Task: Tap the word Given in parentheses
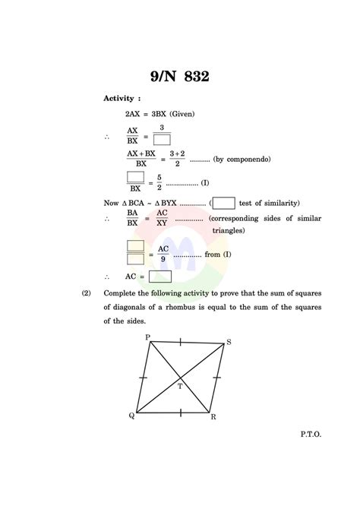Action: coord(182,113)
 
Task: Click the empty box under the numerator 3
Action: coord(161,140)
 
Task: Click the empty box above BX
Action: coord(136,177)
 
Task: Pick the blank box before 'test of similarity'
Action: coord(223,203)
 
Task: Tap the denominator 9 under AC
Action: coord(163,258)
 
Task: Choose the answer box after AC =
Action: coord(159,277)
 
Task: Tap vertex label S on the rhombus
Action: coord(229,343)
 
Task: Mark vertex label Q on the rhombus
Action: coord(131,416)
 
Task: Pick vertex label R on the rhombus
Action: coord(213,417)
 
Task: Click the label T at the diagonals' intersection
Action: coord(180,386)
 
